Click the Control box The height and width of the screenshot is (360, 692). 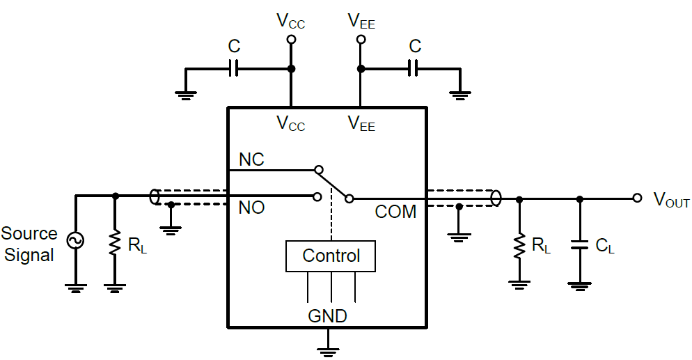331,256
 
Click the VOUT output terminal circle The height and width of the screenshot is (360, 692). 637,198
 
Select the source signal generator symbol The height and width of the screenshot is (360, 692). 74,241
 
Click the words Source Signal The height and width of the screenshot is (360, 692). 29,244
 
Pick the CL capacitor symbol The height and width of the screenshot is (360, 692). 579,244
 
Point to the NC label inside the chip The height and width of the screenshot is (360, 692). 251,159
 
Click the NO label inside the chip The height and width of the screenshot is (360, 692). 251,208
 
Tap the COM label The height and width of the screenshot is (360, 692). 395,212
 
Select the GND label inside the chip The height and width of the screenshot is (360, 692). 327,316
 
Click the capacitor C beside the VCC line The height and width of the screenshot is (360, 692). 235,68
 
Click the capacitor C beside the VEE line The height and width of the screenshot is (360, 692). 414,68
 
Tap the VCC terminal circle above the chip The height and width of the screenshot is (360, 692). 291,40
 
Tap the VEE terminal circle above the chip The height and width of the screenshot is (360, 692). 361,40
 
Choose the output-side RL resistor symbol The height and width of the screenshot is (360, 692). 518,245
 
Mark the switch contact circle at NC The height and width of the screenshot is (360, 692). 318,169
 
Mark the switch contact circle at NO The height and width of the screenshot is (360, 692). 318,197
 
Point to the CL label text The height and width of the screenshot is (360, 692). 605,246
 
